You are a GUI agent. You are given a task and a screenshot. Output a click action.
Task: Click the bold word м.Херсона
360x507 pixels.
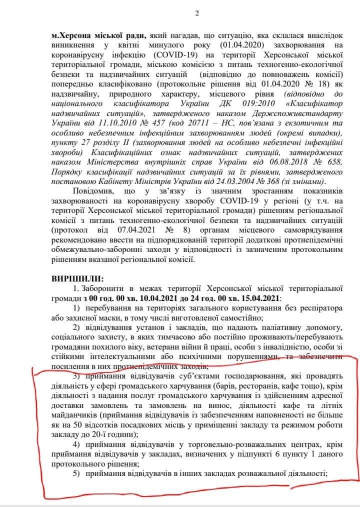[x=74, y=36]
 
